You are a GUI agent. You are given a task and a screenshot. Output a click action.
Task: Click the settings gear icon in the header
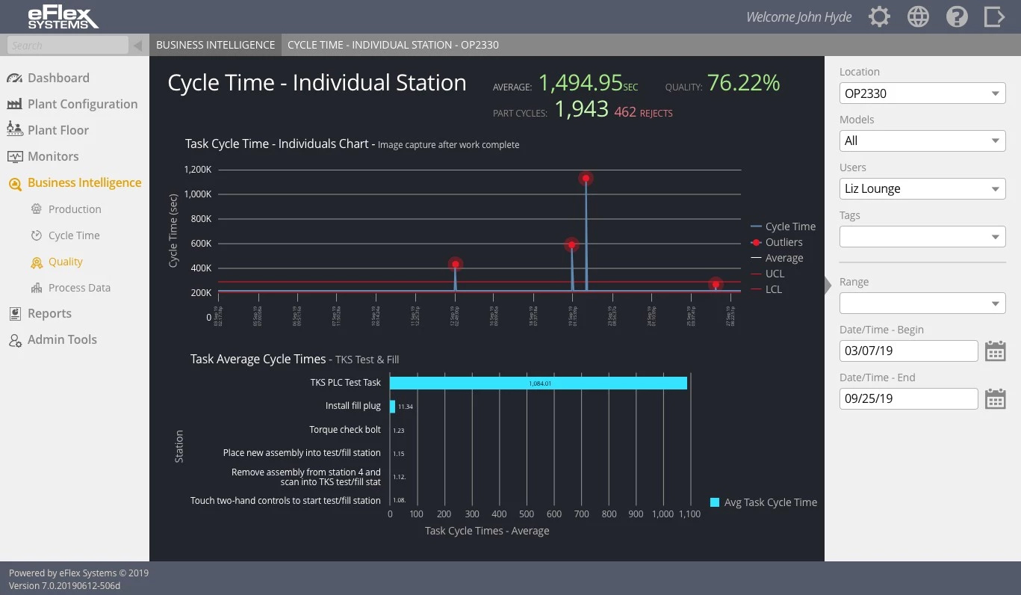tap(879, 16)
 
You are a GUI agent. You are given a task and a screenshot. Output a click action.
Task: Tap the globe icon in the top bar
tap(918, 16)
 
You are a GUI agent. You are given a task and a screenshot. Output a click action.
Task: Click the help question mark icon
tap(957, 16)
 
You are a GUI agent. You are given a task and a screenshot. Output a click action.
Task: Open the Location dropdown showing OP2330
tap(922, 93)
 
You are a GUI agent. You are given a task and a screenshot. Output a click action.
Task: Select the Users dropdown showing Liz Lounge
tap(922, 188)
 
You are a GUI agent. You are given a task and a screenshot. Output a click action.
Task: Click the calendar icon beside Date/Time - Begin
tap(995, 351)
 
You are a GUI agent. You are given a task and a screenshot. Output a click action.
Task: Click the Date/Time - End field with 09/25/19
tap(907, 398)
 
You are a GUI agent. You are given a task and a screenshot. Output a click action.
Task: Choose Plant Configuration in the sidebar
tap(82, 104)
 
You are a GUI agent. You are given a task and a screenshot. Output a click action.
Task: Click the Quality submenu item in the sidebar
tap(66, 262)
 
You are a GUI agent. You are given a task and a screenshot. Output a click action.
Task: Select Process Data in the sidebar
tap(79, 288)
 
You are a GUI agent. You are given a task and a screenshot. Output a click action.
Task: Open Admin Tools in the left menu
tap(62, 339)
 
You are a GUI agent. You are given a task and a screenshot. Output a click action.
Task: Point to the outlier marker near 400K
tap(455, 264)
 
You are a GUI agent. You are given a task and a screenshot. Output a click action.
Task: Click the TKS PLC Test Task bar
tap(538, 383)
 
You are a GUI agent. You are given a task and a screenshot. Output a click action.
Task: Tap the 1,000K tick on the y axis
tap(198, 194)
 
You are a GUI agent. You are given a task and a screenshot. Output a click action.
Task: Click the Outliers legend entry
tap(783, 242)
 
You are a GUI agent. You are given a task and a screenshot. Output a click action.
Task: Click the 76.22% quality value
tap(743, 83)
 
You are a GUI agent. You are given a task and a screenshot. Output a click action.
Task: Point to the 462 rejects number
tap(625, 112)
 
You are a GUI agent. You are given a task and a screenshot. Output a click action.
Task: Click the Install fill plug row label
tap(353, 406)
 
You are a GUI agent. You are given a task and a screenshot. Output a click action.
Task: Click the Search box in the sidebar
tap(69, 46)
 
